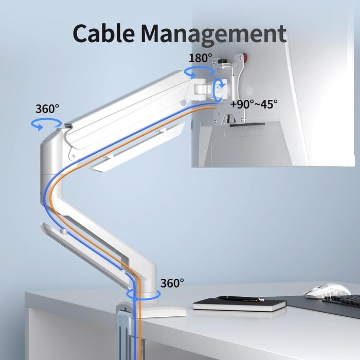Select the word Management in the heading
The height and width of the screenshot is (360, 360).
coord(213,34)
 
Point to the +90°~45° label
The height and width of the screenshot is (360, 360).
coord(254,103)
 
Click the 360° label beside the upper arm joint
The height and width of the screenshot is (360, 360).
coord(47,109)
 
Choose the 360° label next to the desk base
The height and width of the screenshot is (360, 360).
coord(172,283)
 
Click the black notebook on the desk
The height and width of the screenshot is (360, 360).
coord(239,304)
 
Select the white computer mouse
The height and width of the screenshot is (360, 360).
coord(327,291)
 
